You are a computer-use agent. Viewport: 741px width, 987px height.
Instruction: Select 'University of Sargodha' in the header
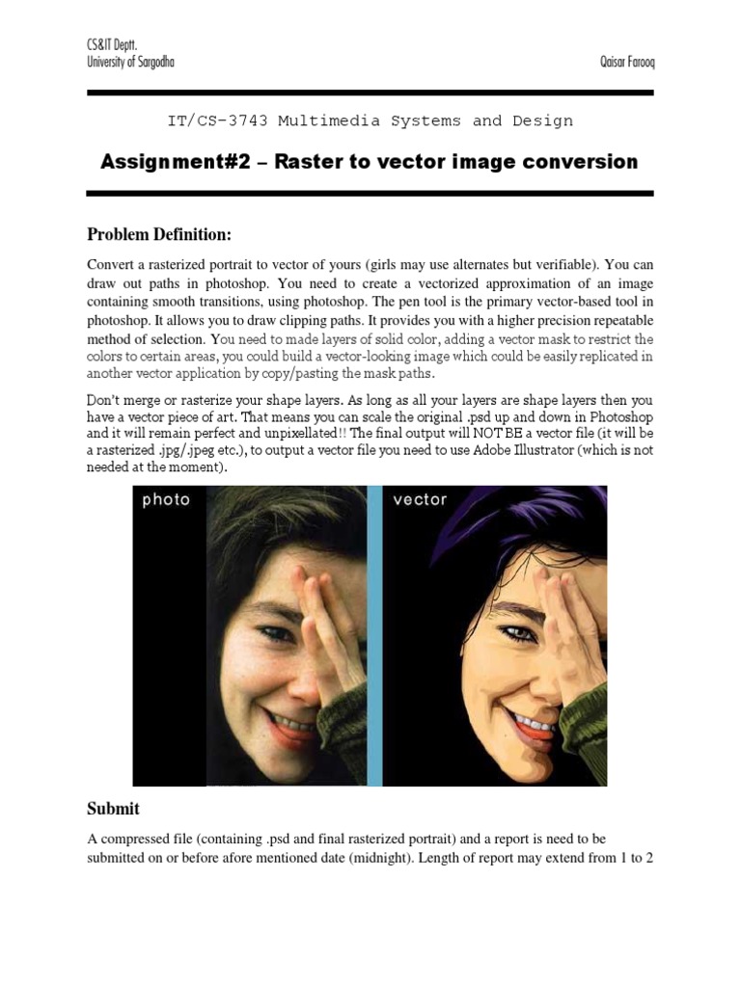click(131, 62)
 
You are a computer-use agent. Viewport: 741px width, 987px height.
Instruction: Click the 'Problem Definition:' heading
click(160, 234)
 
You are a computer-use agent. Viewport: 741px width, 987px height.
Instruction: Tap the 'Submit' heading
click(114, 809)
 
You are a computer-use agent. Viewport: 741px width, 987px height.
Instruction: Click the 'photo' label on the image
click(167, 500)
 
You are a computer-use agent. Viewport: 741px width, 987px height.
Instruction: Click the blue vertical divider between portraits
click(375, 636)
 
